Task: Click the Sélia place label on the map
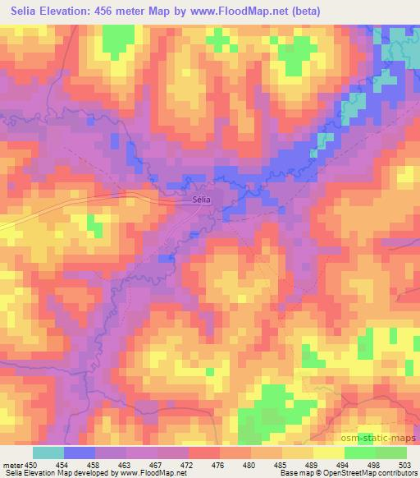202,199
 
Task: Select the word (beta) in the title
303,11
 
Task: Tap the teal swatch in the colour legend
48,453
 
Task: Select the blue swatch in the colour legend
79,453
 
